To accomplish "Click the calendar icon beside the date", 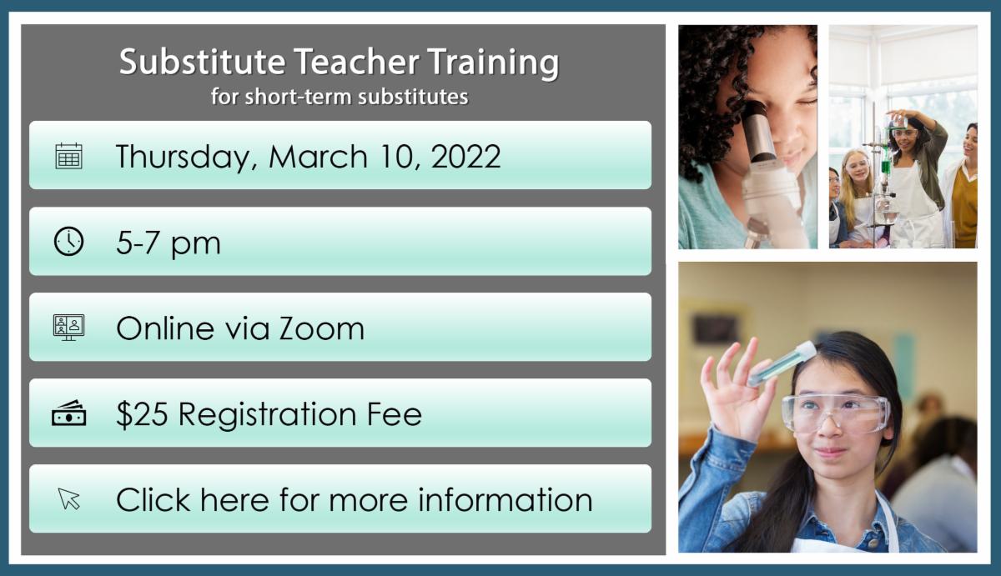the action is (68, 156).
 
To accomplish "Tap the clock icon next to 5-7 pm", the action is (68, 242).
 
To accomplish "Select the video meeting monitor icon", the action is (68, 328).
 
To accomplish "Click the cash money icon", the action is (68, 413).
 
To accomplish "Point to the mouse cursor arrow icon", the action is (68, 498).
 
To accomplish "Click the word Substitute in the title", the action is (202, 61).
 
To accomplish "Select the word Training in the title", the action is (493, 63).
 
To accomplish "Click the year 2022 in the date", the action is (465, 156).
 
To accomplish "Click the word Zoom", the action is (322, 328).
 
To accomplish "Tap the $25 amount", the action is (142, 414).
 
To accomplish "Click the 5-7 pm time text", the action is (169, 243).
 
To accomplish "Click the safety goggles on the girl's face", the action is (835, 414).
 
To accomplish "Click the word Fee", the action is (394, 414).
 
